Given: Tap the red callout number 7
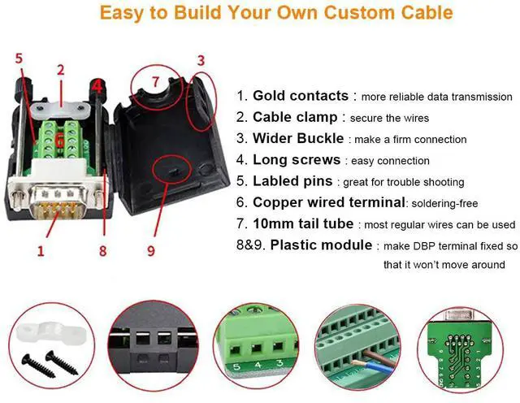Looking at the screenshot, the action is pyautogui.click(x=155, y=81).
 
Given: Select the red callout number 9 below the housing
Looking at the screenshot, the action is pyautogui.click(x=151, y=251).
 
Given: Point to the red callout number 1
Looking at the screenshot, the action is pyautogui.click(x=41, y=251).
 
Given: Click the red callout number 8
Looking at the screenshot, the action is pyautogui.click(x=103, y=251).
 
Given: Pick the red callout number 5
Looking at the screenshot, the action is pyautogui.click(x=19, y=58).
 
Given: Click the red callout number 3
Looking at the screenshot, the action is pyautogui.click(x=201, y=61).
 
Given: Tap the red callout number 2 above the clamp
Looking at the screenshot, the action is pyautogui.click(x=60, y=71).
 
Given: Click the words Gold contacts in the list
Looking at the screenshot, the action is pyautogui.click(x=301, y=96).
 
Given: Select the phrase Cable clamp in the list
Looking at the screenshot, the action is pyautogui.click(x=295, y=117).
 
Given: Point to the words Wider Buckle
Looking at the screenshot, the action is pyautogui.click(x=298, y=138).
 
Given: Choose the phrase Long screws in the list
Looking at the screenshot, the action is pyautogui.click(x=297, y=159).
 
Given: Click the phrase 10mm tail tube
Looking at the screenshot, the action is pyautogui.click(x=303, y=223).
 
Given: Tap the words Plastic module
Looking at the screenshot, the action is pyautogui.click(x=321, y=245).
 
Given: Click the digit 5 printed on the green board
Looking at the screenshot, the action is pyautogui.click(x=236, y=366).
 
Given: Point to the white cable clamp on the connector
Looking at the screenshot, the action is pyautogui.click(x=60, y=109).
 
